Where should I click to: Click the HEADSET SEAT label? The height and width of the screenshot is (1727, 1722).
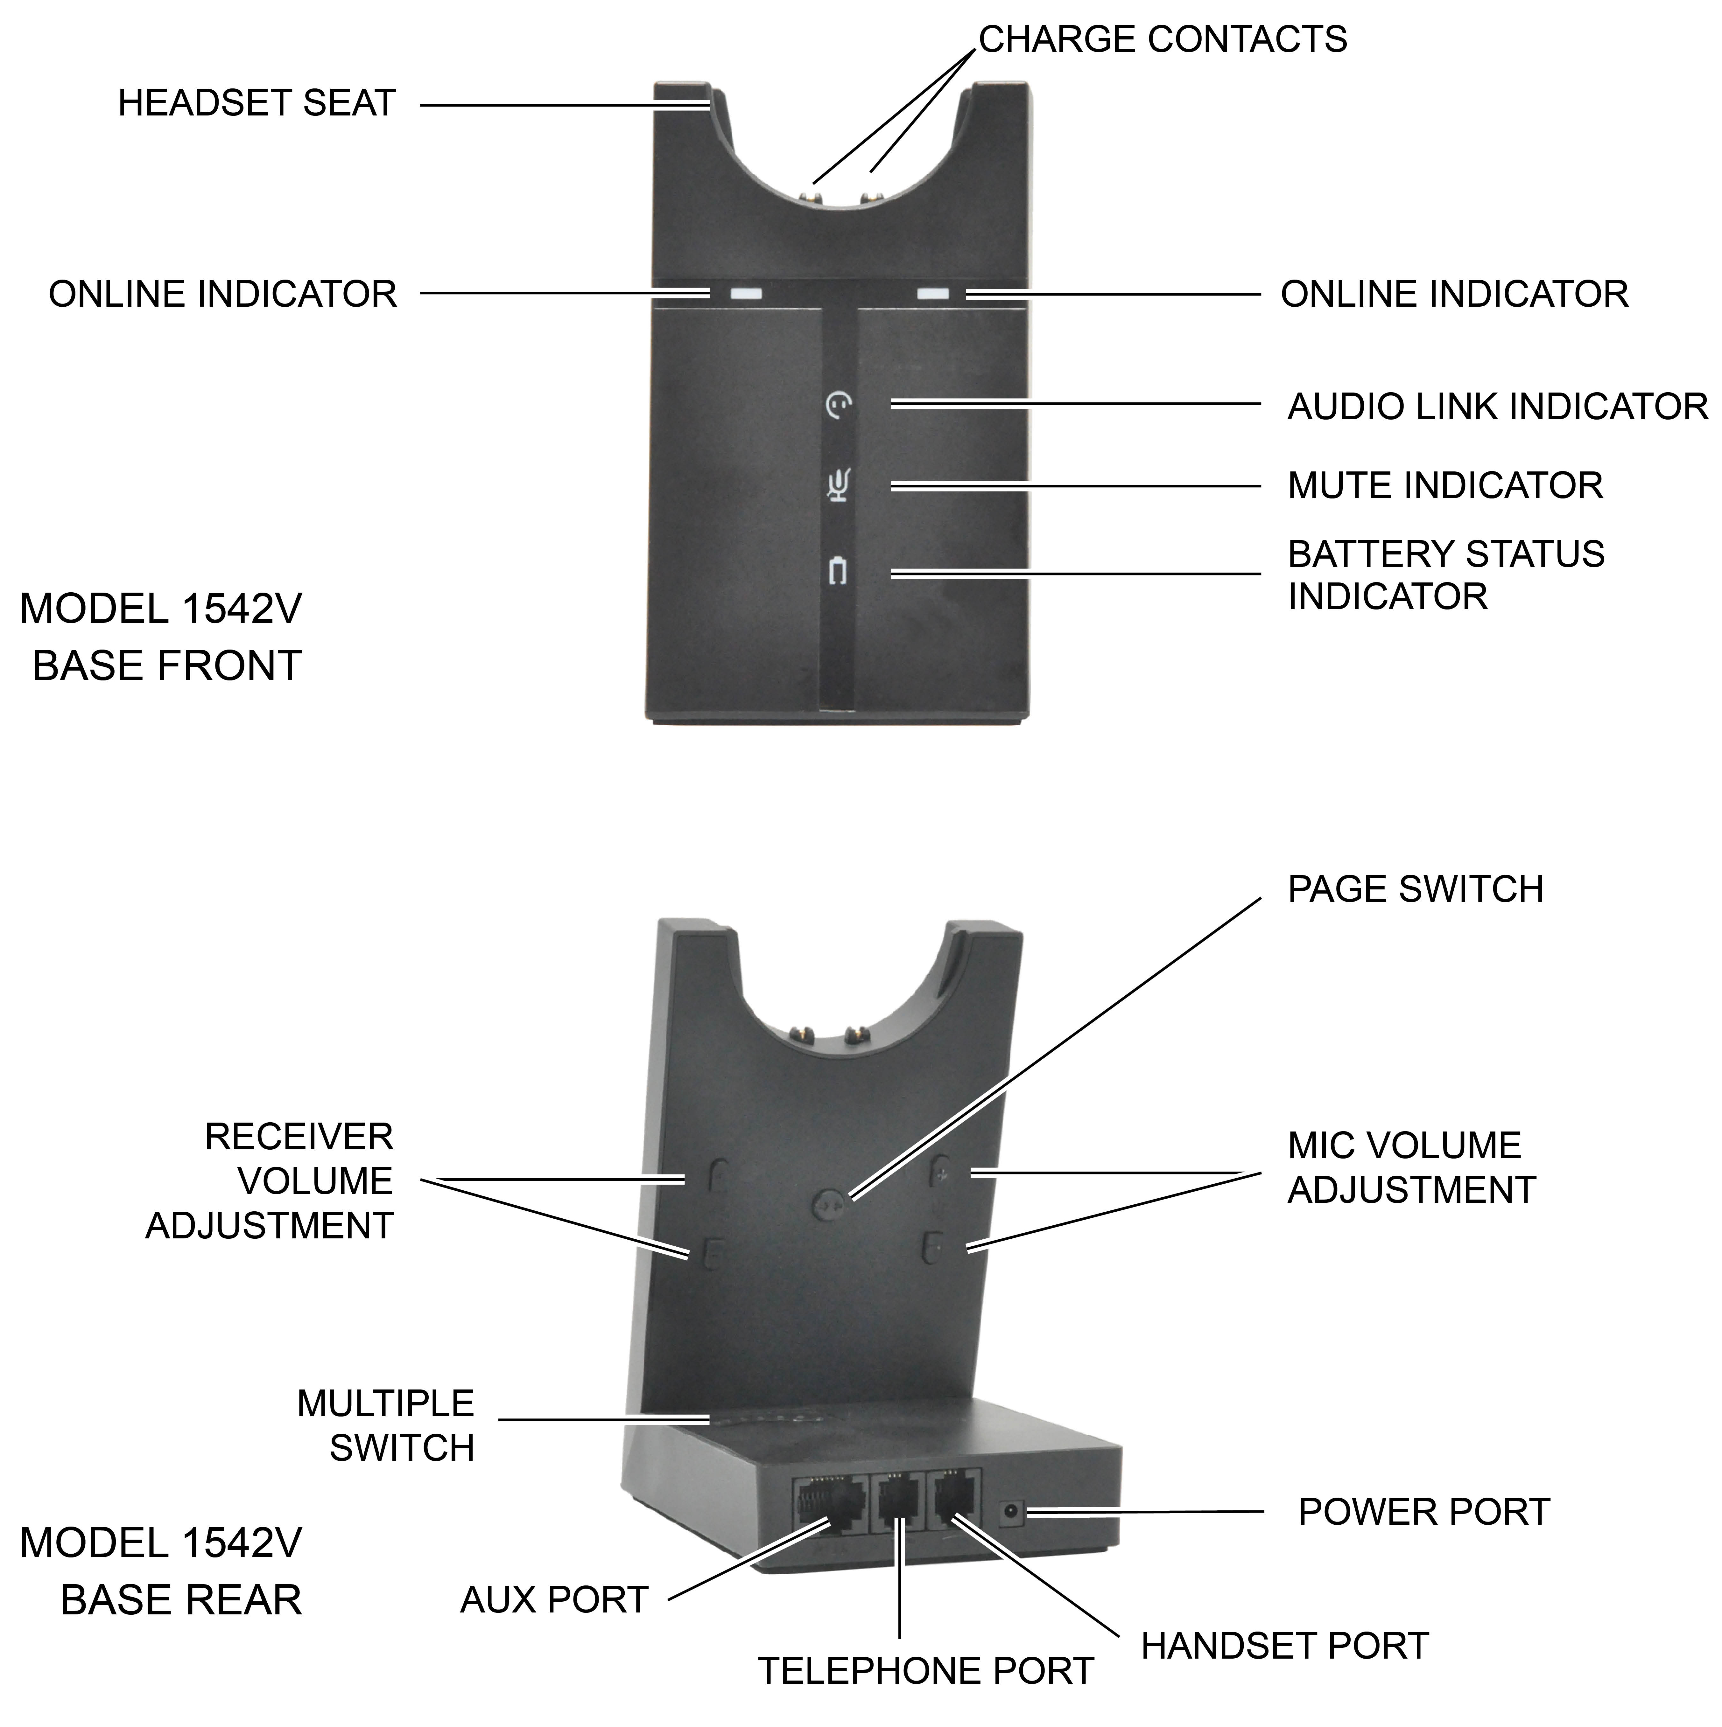tap(257, 104)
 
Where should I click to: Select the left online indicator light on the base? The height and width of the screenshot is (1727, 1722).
tap(745, 293)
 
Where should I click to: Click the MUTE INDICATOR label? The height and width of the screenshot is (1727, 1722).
tap(1445, 485)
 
